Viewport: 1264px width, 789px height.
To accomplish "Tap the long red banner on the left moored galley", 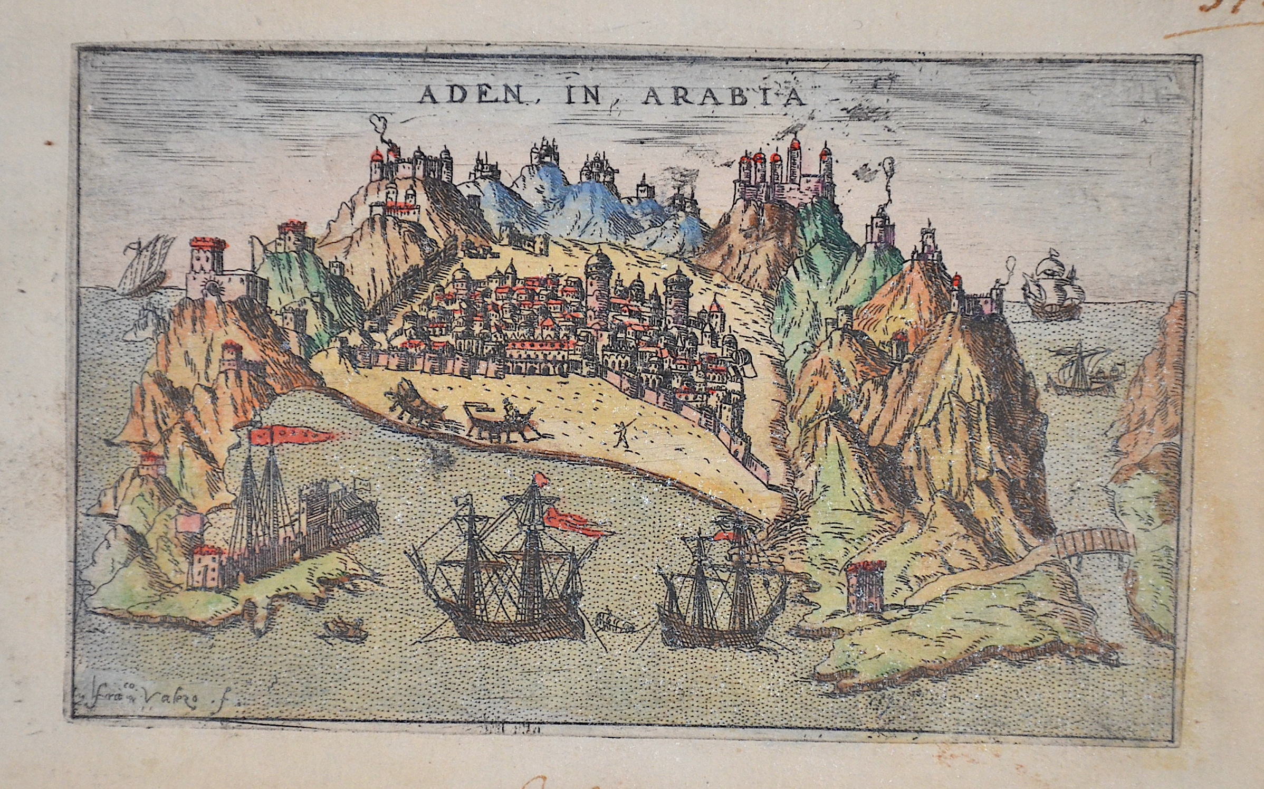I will [295, 434].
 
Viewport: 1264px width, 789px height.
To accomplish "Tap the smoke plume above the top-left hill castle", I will [378, 127].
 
